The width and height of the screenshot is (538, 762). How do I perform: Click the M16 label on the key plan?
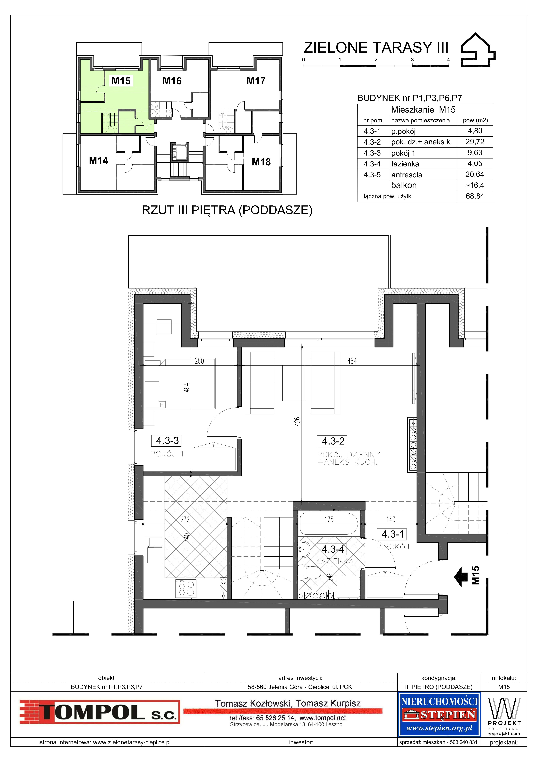pyautogui.click(x=172, y=81)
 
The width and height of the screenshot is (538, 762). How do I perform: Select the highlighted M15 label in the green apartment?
pyautogui.click(x=121, y=81)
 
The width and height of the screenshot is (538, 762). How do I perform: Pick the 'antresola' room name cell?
pyautogui.click(x=407, y=175)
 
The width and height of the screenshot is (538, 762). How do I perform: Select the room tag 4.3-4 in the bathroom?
pyautogui.click(x=333, y=549)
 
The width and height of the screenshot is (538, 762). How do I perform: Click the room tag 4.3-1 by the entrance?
pyautogui.click(x=392, y=534)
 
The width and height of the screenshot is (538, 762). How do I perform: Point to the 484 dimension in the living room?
pyautogui.click(x=352, y=361)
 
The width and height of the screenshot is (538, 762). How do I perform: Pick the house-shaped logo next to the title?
pyautogui.click(x=478, y=50)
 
